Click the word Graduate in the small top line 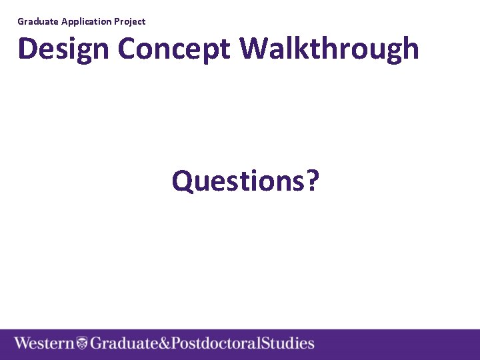[39, 21]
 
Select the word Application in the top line [87, 21]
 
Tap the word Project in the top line [130, 21]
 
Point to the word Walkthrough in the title [329, 49]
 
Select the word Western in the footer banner [45, 344]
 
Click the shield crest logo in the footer [82, 344]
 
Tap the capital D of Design [27, 49]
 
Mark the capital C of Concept [127, 49]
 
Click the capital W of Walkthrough [253, 49]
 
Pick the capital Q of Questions [182, 180]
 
